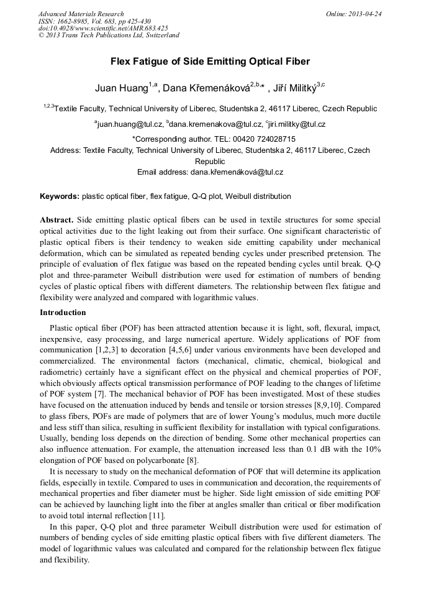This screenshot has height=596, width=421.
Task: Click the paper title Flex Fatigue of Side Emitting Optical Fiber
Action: click(210, 62)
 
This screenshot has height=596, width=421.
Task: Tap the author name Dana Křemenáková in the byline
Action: click(206, 88)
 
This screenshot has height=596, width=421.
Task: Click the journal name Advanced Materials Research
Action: click(81, 14)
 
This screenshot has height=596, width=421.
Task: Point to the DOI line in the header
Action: click(103, 28)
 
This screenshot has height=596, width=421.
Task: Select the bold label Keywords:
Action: click(60, 196)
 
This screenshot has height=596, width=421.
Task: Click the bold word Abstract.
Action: click(57, 221)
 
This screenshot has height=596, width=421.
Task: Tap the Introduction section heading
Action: click(63, 312)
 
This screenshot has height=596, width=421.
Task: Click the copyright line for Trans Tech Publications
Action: click(109, 35)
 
